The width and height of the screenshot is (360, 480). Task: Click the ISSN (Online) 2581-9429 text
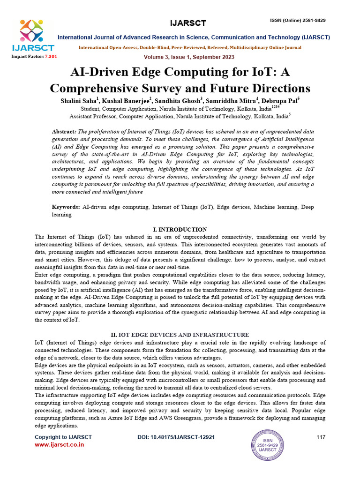point(297,20)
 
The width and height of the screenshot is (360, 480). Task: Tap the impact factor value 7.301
point(51,56)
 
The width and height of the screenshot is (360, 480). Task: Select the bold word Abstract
point(63,133)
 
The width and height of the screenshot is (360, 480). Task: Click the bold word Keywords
point(66,206)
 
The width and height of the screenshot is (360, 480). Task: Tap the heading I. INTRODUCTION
point(180,229)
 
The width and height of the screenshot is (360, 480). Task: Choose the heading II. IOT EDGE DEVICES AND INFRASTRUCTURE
point(180,335)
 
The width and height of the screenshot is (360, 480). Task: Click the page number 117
point(321,437)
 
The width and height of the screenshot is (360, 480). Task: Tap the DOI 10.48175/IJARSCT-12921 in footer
point(176,437)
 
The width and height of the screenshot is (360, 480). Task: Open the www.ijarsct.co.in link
point(60,445)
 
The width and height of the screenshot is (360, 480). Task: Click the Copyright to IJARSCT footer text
point(63,437)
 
